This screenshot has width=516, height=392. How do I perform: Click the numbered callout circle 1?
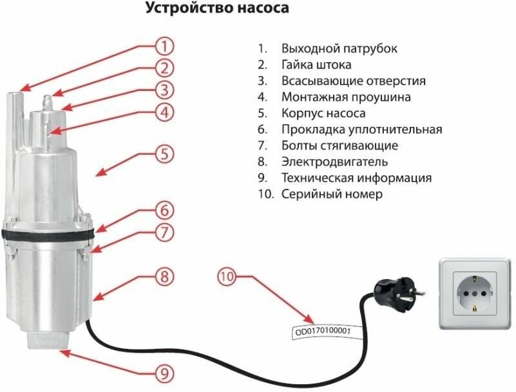(x=165, y=46)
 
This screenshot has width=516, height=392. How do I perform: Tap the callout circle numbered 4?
(x=165, y=112)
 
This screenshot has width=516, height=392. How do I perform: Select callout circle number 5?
(x=165, y=154)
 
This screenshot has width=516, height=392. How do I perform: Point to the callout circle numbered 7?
(x=165, y=231)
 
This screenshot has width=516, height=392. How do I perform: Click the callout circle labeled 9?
(x=165, y=373)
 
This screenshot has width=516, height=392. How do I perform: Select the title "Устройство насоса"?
(x=216, y=9)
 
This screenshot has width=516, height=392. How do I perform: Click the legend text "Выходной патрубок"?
(x=339, y=49)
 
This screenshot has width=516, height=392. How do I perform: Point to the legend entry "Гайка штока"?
(x=316, y=65)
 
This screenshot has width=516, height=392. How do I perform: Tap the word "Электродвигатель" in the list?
(x=334, y=162)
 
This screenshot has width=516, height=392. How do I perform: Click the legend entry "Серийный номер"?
(x=332, y=194)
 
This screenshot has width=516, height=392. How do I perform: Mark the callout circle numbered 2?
(x=165, y=68)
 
